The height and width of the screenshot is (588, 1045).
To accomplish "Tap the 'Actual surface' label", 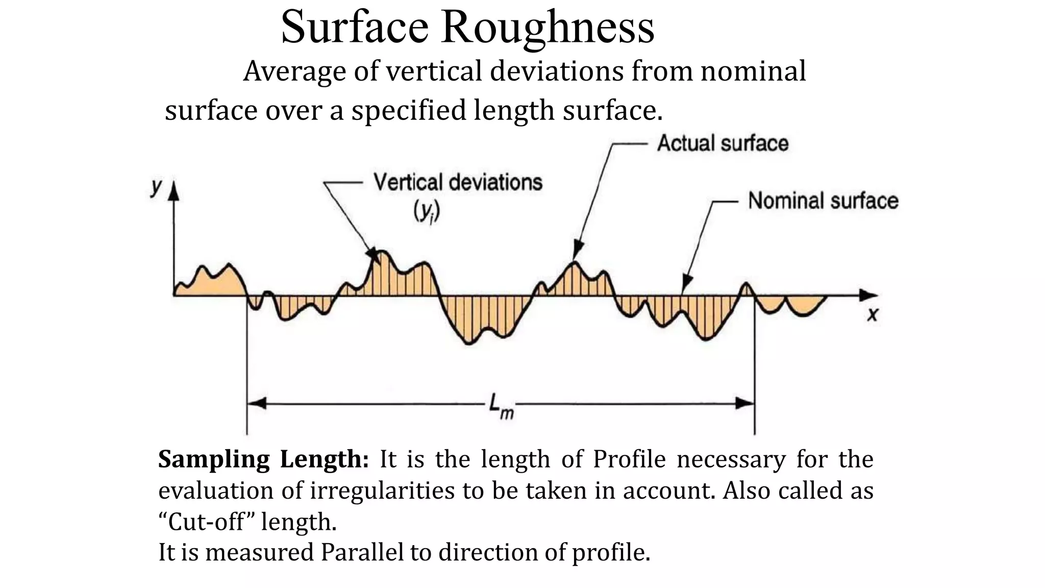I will coord(723,143).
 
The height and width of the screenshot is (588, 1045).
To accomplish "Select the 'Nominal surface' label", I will coord(823,201).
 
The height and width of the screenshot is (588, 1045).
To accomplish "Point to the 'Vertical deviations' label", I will coord(458,182).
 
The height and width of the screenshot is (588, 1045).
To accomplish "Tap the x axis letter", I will coord(873,315).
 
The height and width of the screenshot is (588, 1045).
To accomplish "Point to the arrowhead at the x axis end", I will coord(869,295).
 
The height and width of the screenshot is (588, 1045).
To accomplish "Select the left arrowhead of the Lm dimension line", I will coord(257,403).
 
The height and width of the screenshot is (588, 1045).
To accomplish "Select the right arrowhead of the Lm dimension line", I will coord(745,403).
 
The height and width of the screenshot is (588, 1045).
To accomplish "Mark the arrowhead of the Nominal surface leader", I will coord(687,284).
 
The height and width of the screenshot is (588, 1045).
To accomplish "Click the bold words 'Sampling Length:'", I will coord(263,459).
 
